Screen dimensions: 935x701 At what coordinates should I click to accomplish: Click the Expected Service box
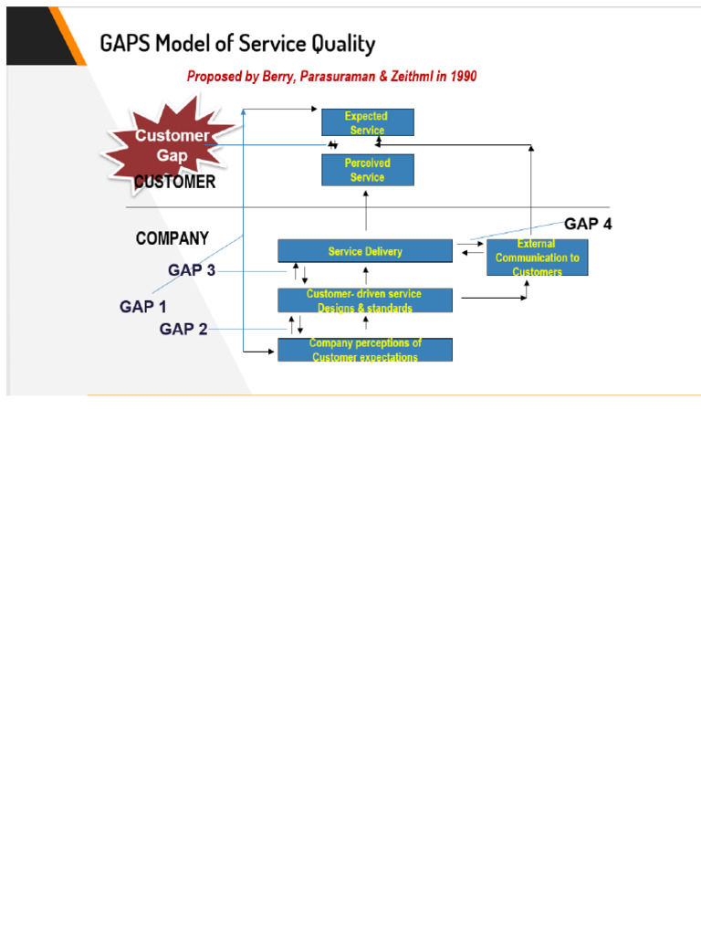point(367,122)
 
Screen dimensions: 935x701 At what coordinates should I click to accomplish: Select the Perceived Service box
point(367,170)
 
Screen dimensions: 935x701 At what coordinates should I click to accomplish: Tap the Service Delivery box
point(364,251)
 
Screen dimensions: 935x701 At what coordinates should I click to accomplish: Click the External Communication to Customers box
point(537,257)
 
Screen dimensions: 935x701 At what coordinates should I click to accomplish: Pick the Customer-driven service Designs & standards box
point(364,300)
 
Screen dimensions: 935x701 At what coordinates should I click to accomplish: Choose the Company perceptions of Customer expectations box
point(364,350)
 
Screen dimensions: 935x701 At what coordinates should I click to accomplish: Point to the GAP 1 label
point(143,307)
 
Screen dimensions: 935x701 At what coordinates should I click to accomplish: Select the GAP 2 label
point(183,329)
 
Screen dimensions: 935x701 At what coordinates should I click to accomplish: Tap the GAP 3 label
point(192,270)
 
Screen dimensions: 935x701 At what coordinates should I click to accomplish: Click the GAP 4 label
point(589,224)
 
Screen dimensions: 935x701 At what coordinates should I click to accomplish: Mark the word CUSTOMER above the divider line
point(175,182)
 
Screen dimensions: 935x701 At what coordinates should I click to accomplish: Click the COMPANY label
point(172,238)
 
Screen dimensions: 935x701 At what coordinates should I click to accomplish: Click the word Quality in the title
point(337,43)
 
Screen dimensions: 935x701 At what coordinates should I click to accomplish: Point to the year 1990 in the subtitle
point(461,77)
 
